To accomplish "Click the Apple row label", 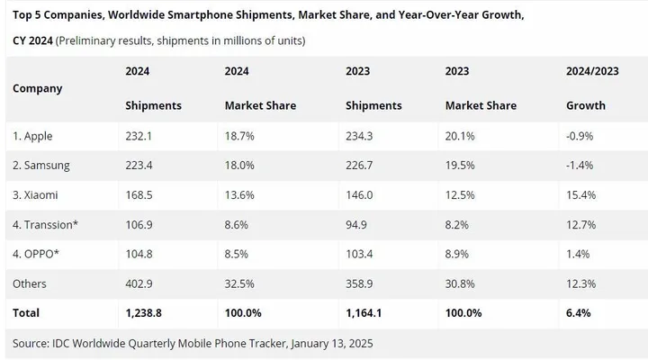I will coord(32,136).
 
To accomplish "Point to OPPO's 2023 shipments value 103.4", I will coord(360,254).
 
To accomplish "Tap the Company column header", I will coord(38,88).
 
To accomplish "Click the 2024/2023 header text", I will coord(593,71).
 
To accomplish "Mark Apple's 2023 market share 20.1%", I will coord(461,136).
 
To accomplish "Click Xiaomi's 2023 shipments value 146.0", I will coord(360,195).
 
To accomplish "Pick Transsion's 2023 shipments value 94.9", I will coord(357,224).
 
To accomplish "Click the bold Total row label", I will coord(27,313).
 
